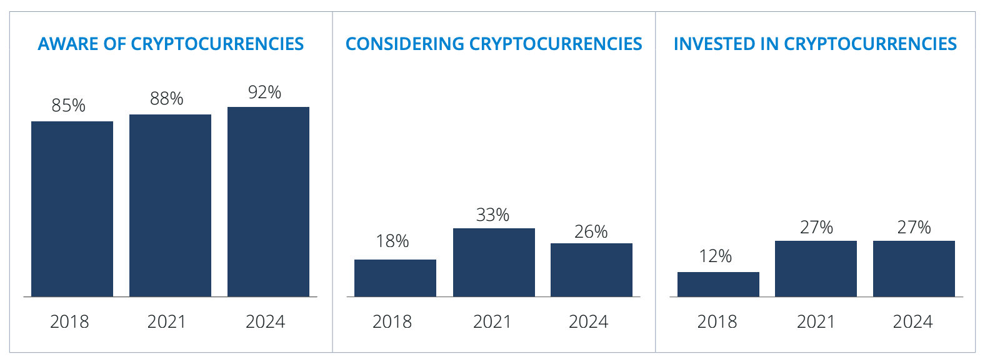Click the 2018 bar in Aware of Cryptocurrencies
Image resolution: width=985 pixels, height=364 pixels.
72,208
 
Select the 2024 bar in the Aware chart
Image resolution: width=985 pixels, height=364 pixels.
268,201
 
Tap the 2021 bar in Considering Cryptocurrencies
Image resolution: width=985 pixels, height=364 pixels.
494,262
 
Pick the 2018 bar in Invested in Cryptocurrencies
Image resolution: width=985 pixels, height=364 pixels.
718,284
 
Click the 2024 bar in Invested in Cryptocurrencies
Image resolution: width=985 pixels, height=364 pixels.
914,268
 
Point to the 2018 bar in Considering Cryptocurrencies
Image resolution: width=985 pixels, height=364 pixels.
395,278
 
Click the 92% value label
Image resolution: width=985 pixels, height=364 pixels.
264,93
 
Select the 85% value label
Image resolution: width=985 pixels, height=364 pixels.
69,106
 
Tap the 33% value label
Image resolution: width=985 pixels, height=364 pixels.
492,215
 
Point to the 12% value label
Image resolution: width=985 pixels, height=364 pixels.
716,256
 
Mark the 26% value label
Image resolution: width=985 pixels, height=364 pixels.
591,232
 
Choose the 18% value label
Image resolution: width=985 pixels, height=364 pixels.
392,241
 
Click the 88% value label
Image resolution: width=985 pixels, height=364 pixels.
167,99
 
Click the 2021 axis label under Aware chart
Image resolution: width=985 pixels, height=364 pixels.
166,321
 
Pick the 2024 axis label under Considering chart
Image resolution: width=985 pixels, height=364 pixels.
588,321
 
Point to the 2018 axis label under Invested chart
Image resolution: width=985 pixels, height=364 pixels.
717,321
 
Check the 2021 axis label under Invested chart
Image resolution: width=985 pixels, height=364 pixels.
816,321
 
